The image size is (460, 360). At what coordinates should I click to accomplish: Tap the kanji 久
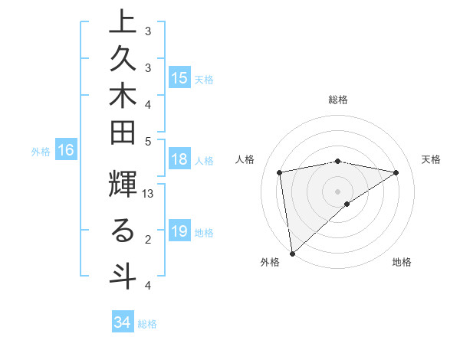(122, 61)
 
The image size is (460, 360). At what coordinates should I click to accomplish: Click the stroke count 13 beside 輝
(148, 195)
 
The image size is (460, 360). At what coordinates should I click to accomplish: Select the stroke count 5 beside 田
(148, 141)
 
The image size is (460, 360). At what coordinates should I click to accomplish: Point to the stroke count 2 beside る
(148, 240)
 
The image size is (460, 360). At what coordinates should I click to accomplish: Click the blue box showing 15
(179, 78)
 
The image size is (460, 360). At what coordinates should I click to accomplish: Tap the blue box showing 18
(179, 159)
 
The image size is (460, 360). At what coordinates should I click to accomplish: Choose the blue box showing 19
(179, 231)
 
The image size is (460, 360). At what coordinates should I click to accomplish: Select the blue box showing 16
(66, 151)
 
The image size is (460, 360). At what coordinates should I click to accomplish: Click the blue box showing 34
(123, 322)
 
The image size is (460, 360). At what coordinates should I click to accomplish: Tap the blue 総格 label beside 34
(148, 324)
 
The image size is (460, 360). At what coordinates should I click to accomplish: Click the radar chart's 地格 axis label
(402, 262)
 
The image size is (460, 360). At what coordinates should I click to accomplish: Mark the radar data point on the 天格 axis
(396, 172)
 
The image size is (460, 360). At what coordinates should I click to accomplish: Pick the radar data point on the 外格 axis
(291, 254)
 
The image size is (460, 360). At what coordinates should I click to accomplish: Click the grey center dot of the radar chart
(337, 191)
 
